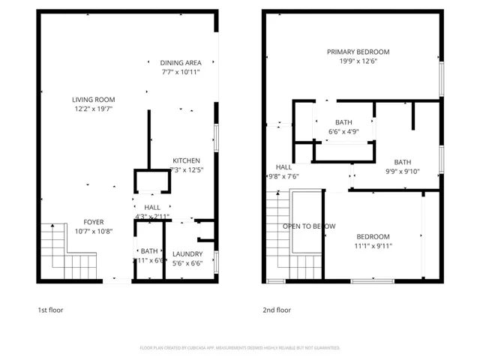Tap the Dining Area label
click(181, 63)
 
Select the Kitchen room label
click(186, 160)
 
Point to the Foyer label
click(94, 222)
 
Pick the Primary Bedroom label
click(358, 52)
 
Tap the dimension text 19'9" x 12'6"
click(358, 61)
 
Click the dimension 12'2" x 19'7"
click(94, 109)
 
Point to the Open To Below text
click(308, 226)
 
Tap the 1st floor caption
click(50, 310)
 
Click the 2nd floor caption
click(277, 310)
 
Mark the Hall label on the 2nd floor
click(283, 167)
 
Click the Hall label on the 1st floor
click(152, 208)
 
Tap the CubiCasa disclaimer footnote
click(240, 348)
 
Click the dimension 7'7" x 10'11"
click(181, 73)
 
